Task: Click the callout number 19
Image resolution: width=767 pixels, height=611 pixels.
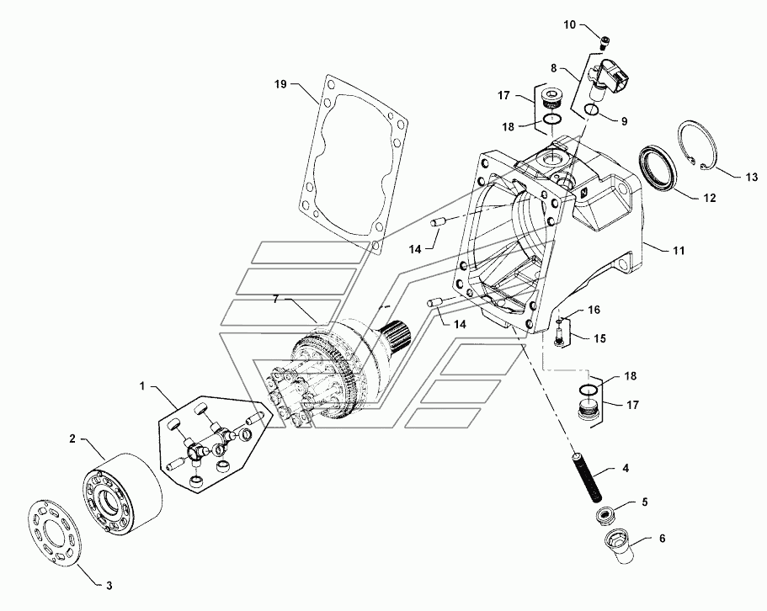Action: pos(281,84)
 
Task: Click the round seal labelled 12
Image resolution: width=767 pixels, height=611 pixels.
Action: pos(658,168)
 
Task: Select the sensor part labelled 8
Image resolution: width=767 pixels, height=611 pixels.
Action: pos(611,78)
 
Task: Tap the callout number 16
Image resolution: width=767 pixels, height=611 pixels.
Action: pos(594,311)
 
